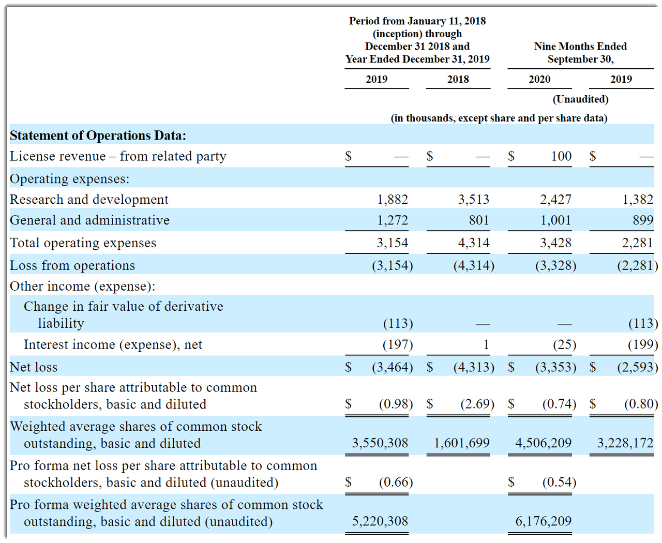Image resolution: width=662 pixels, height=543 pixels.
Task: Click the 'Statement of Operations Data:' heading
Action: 98,135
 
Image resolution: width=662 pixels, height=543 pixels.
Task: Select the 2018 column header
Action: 458,79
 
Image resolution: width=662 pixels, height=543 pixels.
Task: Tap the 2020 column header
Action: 539,79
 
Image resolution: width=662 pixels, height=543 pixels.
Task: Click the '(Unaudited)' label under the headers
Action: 580,99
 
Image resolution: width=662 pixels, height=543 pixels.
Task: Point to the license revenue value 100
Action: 561,156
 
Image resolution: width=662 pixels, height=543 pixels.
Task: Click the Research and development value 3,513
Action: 473,200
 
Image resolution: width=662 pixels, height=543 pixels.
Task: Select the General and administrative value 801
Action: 479,220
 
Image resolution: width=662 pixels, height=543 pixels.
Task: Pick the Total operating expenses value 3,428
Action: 555,243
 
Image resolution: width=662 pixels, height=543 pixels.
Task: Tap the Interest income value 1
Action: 486,345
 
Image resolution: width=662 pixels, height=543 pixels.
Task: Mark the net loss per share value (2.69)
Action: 477,404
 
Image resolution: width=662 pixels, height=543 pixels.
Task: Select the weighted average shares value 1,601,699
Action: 461,443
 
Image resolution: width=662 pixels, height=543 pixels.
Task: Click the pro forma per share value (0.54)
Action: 559,482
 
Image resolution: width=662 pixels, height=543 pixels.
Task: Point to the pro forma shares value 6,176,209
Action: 543,521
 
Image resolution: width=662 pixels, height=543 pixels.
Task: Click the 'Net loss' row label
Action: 34,367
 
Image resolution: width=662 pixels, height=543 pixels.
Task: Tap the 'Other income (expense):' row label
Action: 82,286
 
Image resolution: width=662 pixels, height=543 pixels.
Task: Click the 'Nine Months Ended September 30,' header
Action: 580,53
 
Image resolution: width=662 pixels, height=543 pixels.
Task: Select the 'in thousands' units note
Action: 499,118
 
